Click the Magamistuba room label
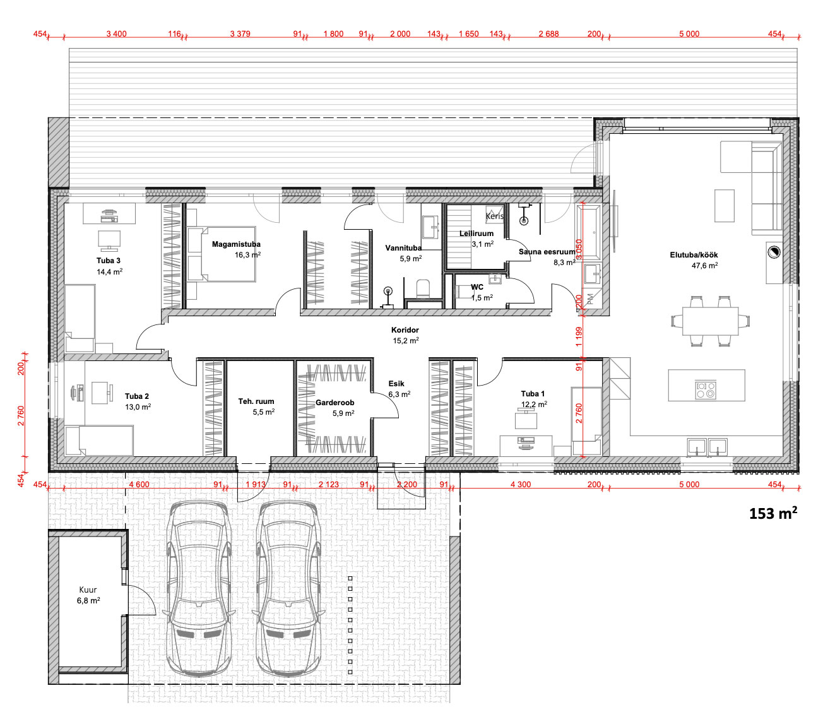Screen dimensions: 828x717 coord(236,244)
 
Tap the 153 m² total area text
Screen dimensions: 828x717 coord(772,513)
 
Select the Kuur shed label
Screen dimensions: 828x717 coord(88,590)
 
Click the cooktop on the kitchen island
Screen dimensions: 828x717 coord(706,389)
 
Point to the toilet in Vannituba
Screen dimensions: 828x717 coord(423,289)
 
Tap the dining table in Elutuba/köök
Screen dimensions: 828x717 coord(710,321)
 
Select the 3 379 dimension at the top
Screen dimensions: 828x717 coord(240,33)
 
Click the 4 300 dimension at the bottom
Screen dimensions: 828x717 coord(521,484)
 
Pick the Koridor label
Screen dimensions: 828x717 coord(405,330)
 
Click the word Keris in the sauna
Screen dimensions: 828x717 coord(494,216)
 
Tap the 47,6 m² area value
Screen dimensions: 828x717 coord(705,265)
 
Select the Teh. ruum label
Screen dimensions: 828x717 coord(256,401)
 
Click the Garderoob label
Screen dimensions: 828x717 coord(335,403)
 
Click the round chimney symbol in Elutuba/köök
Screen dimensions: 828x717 coord(774,252)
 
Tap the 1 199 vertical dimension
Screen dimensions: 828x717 coord(579,337)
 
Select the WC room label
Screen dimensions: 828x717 coord(477,287)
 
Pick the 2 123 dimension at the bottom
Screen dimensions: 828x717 coord(328,484)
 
